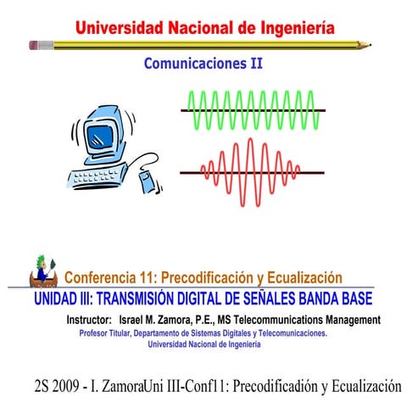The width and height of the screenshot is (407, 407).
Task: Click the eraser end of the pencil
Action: pyautogui.click(x=32, y=42)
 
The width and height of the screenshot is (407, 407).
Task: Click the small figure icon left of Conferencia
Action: pyautogui.click(x=42, y=270)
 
